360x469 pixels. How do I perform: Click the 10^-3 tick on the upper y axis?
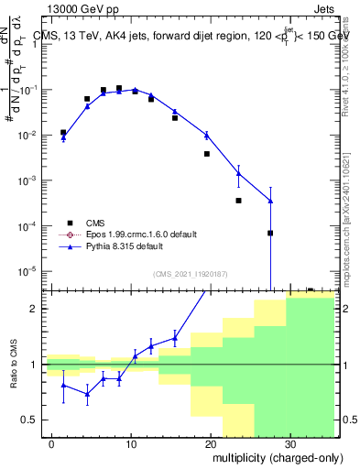27,180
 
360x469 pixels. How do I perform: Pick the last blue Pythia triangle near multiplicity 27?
270,201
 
